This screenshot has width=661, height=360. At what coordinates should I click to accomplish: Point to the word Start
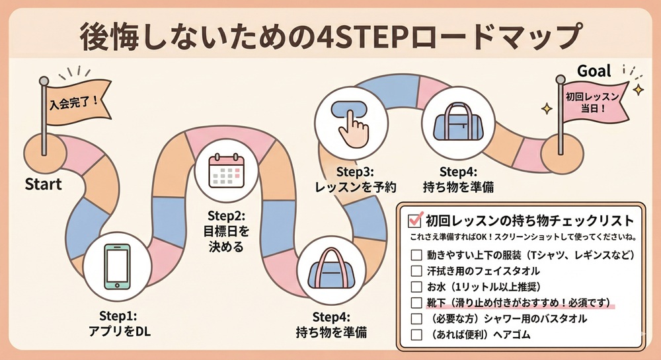pyautogui.click(x=44, y=184)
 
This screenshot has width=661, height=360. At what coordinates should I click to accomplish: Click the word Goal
pyautogui.click(x=594, y=71)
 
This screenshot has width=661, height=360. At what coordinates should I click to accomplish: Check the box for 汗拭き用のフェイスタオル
pyautogui.click(x=416, y=271)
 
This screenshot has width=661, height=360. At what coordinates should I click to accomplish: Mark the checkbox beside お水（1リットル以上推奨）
pyautogui.click(x=416, y=287)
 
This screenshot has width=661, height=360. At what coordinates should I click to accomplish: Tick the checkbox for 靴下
pyautogui.click(x=416, y=303)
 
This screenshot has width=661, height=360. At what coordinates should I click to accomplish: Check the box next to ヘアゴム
pyautogui.click(x=416, y=334)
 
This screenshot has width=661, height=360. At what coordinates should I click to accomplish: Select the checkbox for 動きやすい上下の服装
pyautogui.click(x=416, y=255)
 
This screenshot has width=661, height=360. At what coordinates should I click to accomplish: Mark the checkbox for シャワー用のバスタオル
pyautogui.click(x=416, y=318)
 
